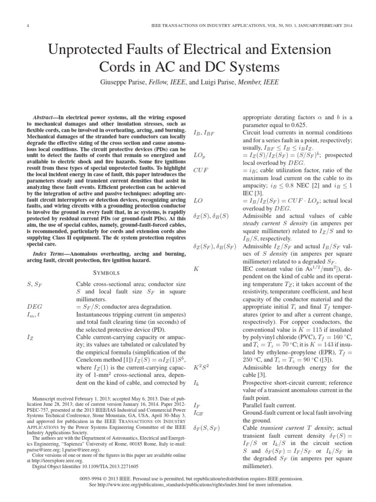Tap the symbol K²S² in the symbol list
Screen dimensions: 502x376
[x=202, y=367]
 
